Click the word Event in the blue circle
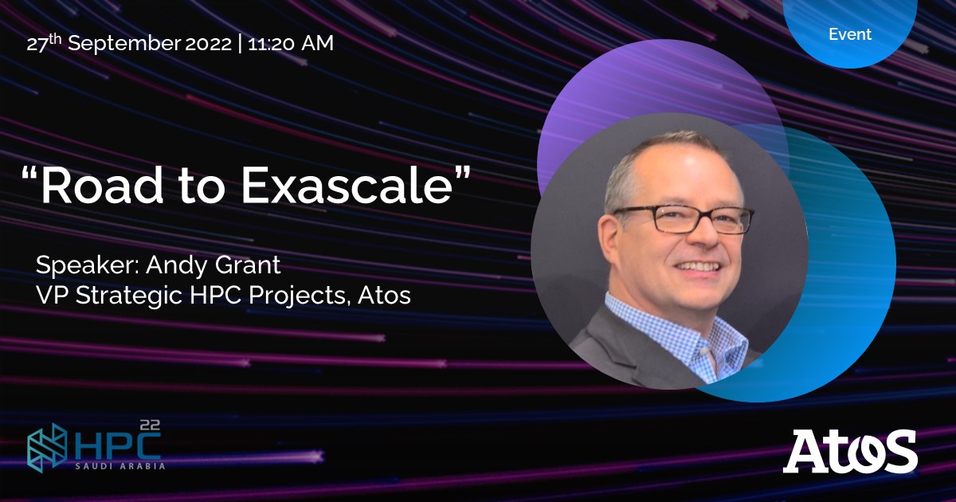click(850, 34)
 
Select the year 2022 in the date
click(209, 44)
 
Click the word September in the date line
click(124, 44)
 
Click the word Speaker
click(84, 265)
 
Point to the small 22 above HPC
click(149, 426)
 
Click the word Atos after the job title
click(385, 296)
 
